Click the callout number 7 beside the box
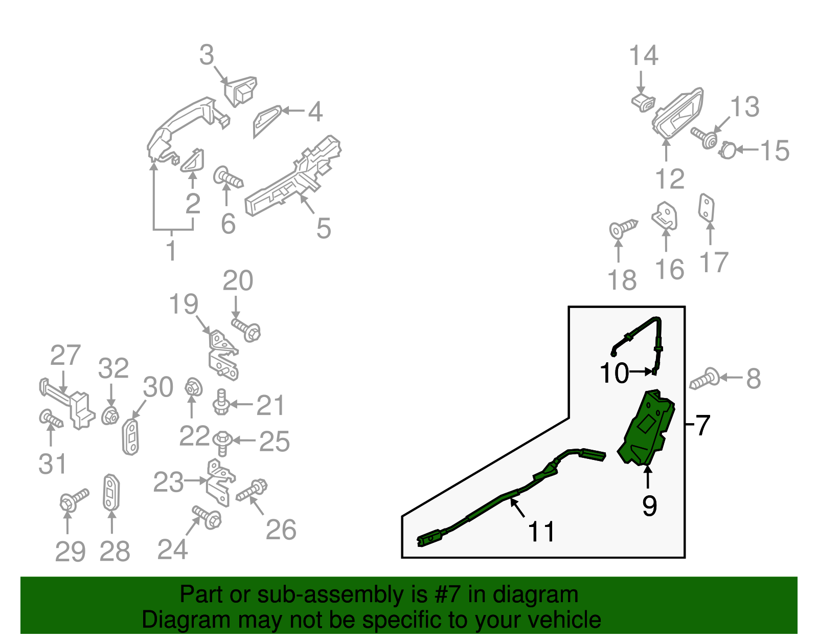(x=703, y=425)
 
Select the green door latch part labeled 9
(x=647, y=430)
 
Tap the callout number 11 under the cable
(x=541, y=532)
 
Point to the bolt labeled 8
(x=705, y=380)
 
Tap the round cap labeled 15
(x=727, y=151)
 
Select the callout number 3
(x=207, y=55)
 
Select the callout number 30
(x=158, y=387)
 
